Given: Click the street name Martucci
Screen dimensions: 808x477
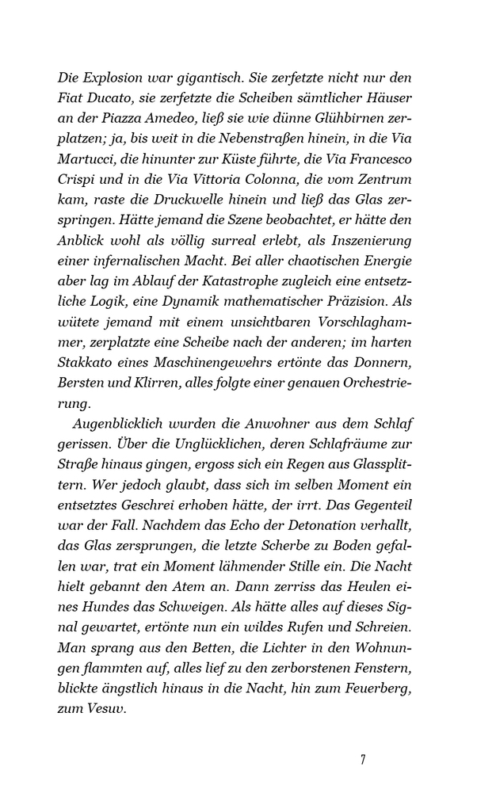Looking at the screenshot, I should [86, 160].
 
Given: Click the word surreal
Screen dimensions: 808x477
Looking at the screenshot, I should [234, 242].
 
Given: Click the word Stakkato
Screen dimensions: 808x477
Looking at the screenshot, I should [87, 345].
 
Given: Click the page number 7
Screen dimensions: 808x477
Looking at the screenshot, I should [362, 760].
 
